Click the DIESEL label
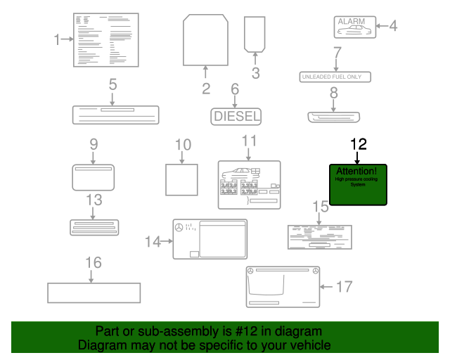coord(236,116)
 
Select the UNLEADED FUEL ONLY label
coord(335,77)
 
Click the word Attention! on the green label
coord(357,171)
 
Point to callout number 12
coord(359,144)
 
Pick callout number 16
coord(94,262)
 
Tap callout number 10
coord(183,145)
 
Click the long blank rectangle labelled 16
coord(94,292)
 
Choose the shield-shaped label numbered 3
coord(254,33)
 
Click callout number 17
coord(344,286)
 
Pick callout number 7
coord(337,52)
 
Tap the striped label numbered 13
coord(94,227)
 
